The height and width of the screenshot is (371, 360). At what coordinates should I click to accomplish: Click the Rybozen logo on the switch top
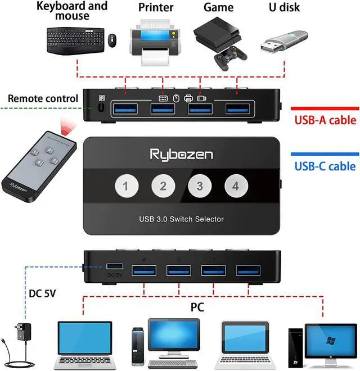pyautogui.click(x=181, y=153)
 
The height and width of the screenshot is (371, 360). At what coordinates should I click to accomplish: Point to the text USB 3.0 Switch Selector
pyautogui.click(x=181, y=219)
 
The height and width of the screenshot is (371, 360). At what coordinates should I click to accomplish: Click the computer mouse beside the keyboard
pyautogui.click(x=111, y=40)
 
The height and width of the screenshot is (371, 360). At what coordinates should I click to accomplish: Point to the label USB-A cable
pyautogui.click(x=326, y=120)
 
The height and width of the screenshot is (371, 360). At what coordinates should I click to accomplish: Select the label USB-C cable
pyautogui.click(x=326, y=166)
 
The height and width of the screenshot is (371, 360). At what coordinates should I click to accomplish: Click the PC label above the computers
pyautogui.click(x=196, y=307)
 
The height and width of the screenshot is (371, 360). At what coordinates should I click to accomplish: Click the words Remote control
pyautogui.click(x=43, y=99)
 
